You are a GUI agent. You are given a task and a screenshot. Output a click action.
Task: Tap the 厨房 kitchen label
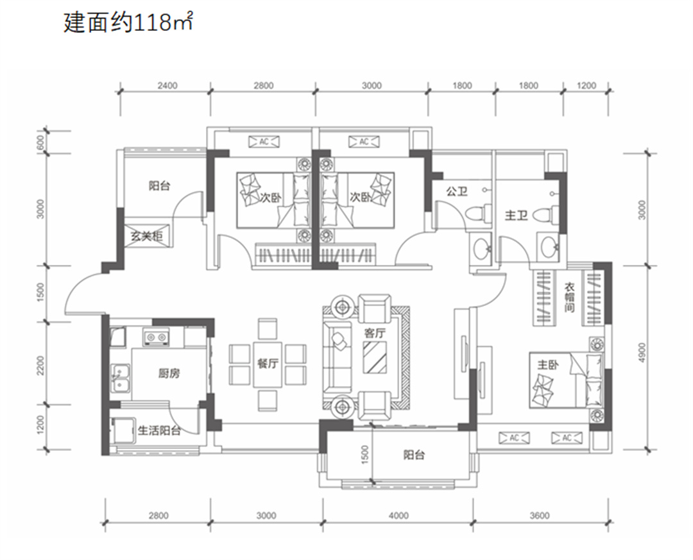click(x=169, y=374)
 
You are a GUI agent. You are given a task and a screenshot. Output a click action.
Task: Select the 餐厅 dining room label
click(x=268, y=363)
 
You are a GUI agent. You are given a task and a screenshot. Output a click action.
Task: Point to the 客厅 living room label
click(x=374, y=333)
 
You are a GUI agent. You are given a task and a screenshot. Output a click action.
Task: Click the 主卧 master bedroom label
click(x=548, y=364)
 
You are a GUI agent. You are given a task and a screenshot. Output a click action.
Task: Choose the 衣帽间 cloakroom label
click(x=569, y=298)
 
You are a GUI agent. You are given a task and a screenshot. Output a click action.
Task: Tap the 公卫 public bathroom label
click(x=457, y=191)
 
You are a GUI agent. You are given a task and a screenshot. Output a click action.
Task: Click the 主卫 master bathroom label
click(x=516, y=216)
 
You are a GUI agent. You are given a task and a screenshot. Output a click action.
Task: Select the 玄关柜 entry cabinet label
click(x=146, y=236)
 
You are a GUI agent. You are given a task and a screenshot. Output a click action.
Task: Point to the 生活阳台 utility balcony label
click(x=159, y=430)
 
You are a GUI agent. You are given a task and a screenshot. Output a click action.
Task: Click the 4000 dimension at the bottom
click(x=398, y=515)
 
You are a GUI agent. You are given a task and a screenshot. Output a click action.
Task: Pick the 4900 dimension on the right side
click(x=642, y=353)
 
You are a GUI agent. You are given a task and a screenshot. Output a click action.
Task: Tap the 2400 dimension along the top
click(x=167, y=85)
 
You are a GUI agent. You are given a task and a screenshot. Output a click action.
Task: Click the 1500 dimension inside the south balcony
click(x=364, y=454)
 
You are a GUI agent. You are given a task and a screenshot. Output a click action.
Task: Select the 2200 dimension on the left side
click(x=40, y=365)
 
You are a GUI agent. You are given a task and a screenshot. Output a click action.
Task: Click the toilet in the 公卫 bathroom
click(x=478, y=214)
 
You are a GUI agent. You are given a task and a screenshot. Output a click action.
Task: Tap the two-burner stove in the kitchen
click(x=155, y=337)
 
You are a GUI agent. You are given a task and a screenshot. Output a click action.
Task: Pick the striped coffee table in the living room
click(x=375, y=357)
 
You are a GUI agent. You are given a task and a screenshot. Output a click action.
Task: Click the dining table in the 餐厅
click(x=268, y=364)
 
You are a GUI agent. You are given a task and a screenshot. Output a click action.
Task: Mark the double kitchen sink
click(x=120, y=378)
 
